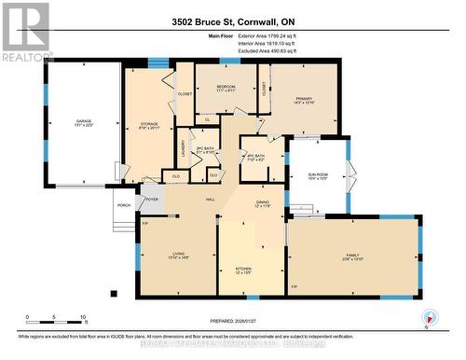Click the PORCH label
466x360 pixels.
coord(122,206)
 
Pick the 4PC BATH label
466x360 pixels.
coord(254,156)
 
